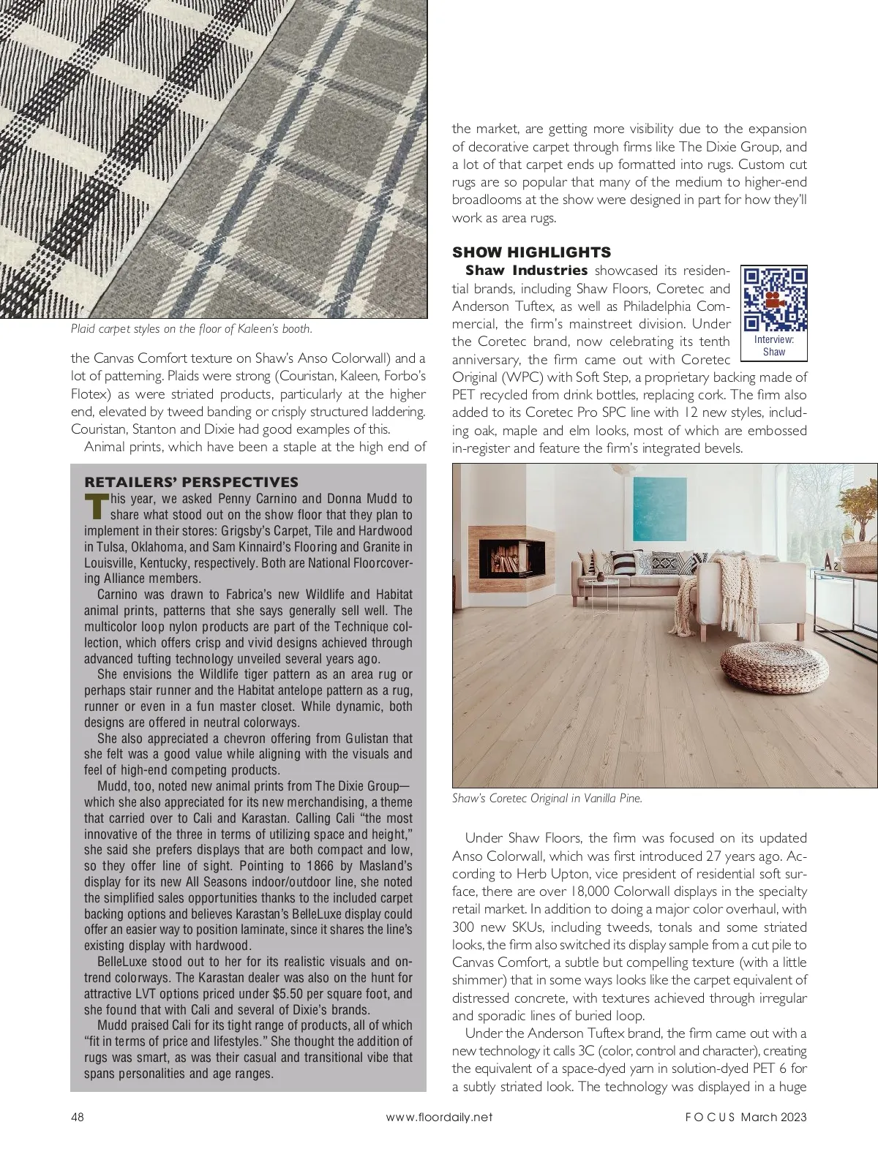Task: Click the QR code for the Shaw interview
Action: pyautogui.click(x=774, y=300)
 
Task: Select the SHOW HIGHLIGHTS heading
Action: pyautogui.click(x=531, y=252)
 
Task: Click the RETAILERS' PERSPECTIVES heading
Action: pyautogui.click(x=192, y=482)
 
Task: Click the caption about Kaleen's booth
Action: pyautogui.click(x=192, y=329)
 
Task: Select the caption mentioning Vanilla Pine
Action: pyautogui.click(x=547, y=799)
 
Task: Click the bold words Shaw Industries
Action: pyautogui.click(x=526, y=271)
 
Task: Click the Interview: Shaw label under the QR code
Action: pyautogui.click(x=774, y=346)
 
